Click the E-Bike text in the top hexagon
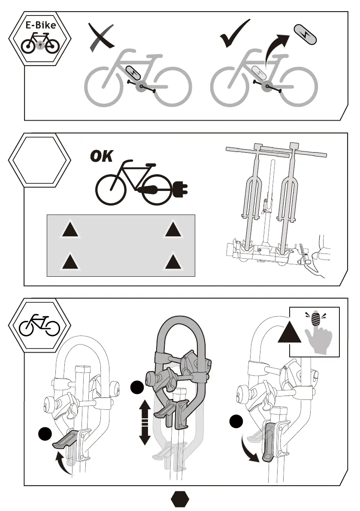click(x=39, y=25)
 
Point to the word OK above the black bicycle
click(x=101, y=157)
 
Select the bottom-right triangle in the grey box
click(x=173, y=261)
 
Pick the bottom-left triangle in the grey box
click(x=69, y=261)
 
